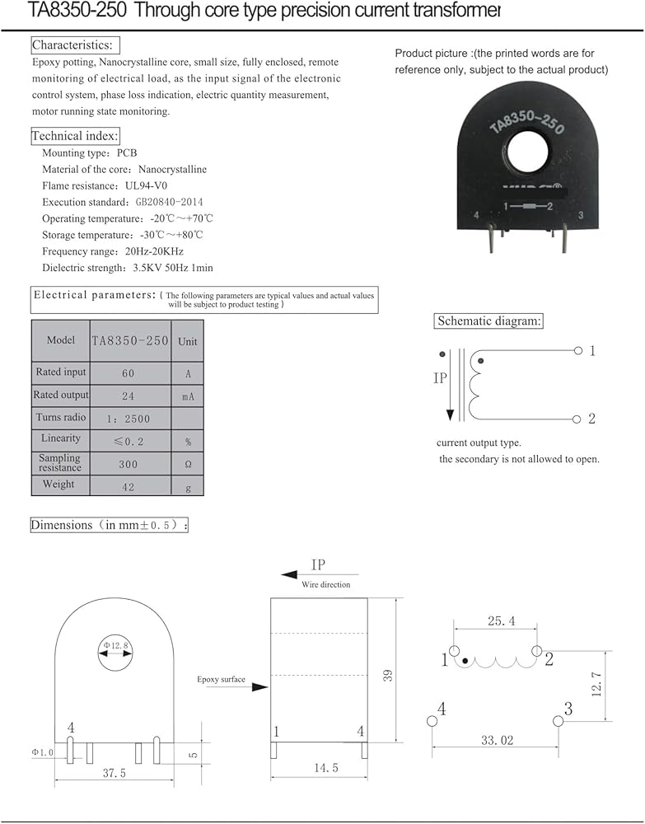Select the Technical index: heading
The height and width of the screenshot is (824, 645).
(75, 135)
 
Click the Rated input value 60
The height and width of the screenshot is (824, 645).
(129, 373)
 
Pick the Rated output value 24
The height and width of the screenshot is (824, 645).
(129, 396)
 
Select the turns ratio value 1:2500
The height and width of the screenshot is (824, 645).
(129, 418)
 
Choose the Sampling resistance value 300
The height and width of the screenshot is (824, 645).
(129, 464)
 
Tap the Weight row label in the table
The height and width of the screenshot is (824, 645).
(58, 485)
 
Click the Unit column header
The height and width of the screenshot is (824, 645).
(188, 341)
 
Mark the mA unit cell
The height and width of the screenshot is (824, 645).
(188, 396)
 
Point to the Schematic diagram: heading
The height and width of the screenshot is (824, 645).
(489, 321)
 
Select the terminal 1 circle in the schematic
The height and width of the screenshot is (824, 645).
(577, 351)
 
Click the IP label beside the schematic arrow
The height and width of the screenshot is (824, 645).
(440, 379)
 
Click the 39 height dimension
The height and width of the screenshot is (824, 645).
(388, 674)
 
